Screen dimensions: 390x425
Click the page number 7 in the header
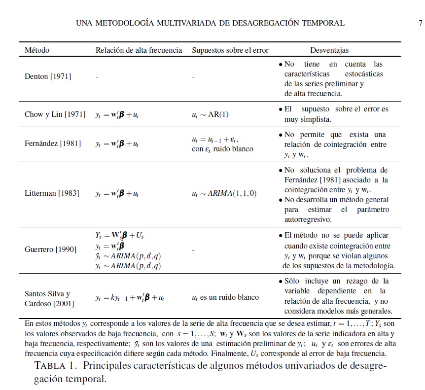(x=420, y=23)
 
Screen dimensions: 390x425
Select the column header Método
(x=37, y=50)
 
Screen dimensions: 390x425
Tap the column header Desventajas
(x=329, y=50)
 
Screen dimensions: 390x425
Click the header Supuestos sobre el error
(x=230, y=50)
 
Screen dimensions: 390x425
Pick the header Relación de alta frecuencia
(x=139, y=50)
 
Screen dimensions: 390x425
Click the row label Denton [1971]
(x=48, y=76)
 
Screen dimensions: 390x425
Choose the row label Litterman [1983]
(x=52, y=193)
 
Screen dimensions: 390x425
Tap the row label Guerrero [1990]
(x=51, y=249)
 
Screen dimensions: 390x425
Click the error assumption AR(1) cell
(x=210, y=114)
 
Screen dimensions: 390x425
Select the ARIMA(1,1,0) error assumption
(x=224, y=193)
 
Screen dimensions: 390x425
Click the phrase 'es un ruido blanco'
(x=229, y=298)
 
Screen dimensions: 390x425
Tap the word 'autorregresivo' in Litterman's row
(x=308, y=219)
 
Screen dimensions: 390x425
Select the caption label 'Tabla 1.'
(x=56, y=366)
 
